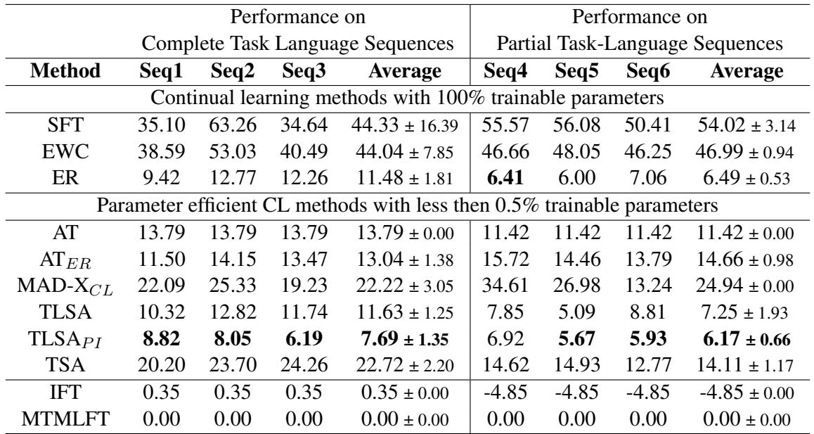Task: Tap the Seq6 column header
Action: pos(643,71)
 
